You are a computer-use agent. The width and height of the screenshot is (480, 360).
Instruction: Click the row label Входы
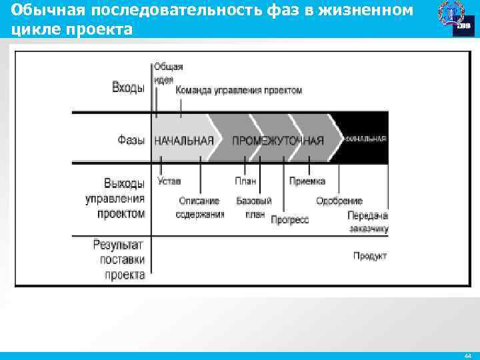pyautogui.click(x=128, y=88)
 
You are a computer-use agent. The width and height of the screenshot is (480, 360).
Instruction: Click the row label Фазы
pyautogui.click(x=131, y=140)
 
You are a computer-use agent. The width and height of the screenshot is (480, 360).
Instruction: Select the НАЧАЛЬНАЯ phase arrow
pyautogui.click(x=184, y=141)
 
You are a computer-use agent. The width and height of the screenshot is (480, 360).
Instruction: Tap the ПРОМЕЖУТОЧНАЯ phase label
pyautogui.click(x=278, y=141)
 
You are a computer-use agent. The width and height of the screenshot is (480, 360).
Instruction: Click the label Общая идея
pyautogui.click(x=168, y=73)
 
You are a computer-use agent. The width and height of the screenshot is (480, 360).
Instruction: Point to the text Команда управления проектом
pyautogui.click(x=239, y=90)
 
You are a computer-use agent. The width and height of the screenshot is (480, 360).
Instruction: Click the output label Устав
pyautogui.click(x=169, y=181)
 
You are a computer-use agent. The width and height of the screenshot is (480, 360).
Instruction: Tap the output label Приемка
pyautogui.click(x=307, y=181)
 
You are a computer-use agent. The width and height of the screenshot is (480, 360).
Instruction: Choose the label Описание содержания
pyautogui.click(x=200, y=207)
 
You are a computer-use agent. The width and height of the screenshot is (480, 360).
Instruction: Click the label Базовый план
pyautogui.click(x=254, y=207)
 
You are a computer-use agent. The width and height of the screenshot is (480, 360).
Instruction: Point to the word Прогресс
pyautogui.click(x=290, y=220)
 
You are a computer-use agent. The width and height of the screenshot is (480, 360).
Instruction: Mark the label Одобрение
pyautogui.click(x=339, y=201)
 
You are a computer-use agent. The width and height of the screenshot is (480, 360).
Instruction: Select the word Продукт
pyautogui.click(x=370, y=256)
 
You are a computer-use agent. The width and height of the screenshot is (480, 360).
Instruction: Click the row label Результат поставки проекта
pyautogui.click(x=119, y=259)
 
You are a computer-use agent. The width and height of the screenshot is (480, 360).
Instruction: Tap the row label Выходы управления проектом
pyautogui.click(x=115, y=198)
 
